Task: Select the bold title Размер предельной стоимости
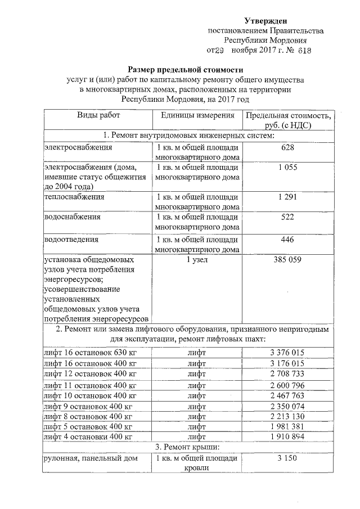coord(179,69)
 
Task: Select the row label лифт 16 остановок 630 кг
coord(89,353)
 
